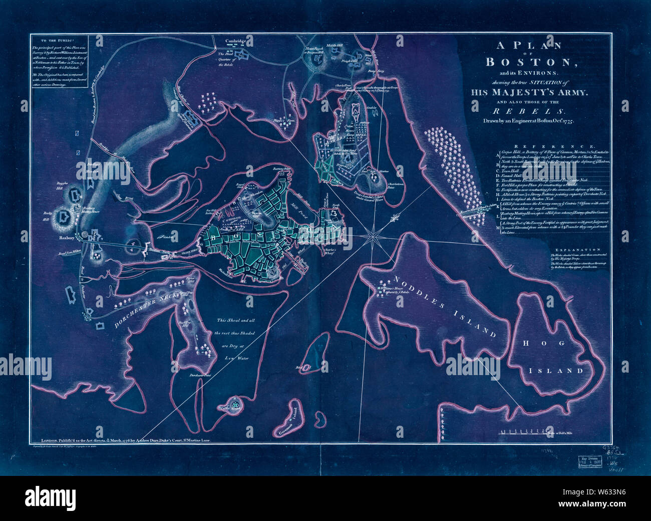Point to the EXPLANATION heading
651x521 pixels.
[581, 249]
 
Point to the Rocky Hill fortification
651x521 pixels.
[64, 217]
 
